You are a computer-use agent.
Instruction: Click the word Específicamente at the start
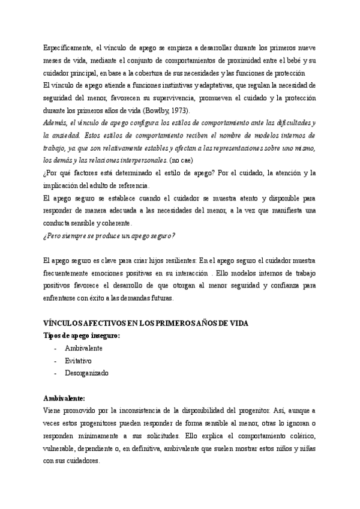(x=67, y=47)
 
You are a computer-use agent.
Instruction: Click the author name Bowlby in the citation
(x=155, y=110)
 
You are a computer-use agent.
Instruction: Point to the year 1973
(x=179, y=110)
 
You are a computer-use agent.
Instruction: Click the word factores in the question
(x=88, y=173)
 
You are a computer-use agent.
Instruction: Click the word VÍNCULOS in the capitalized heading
(x=64, y=323)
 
